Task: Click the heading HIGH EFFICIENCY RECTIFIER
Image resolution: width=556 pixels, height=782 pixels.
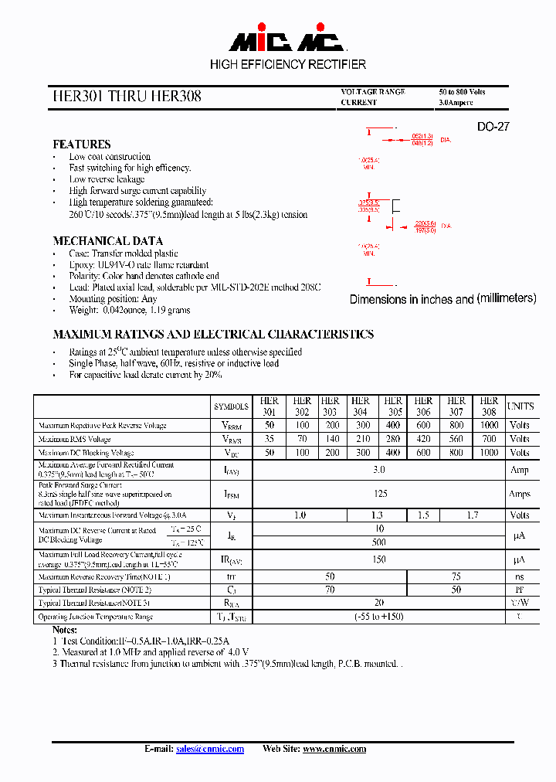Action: [288, 64]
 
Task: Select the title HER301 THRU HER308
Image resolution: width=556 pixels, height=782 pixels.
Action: [127, 97]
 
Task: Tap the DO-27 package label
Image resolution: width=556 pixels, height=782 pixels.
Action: [493, 127]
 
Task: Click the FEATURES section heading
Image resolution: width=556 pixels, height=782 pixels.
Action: [81, 144]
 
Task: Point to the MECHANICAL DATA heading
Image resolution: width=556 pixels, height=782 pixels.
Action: [107, 241]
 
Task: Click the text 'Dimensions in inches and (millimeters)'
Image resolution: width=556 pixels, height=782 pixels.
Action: [442, 299]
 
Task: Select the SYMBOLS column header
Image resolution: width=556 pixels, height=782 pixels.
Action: [231, 406]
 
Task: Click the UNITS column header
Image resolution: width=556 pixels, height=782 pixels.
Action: [520, 406]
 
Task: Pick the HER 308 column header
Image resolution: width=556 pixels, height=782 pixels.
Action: [489, 406]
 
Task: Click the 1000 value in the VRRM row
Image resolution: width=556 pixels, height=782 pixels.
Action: [489, 425]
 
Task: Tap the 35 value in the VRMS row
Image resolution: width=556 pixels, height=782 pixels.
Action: [270, 439]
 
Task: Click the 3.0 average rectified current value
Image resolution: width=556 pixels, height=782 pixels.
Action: [378, 470]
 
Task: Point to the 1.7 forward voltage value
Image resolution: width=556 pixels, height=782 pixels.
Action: [472, 515]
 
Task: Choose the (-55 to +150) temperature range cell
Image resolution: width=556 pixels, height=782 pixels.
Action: [378, 617]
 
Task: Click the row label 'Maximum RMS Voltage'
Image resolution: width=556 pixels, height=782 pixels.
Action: [74, 439]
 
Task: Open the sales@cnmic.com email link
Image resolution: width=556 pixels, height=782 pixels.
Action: [209, 749]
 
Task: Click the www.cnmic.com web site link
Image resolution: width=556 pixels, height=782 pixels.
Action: [334, 749]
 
